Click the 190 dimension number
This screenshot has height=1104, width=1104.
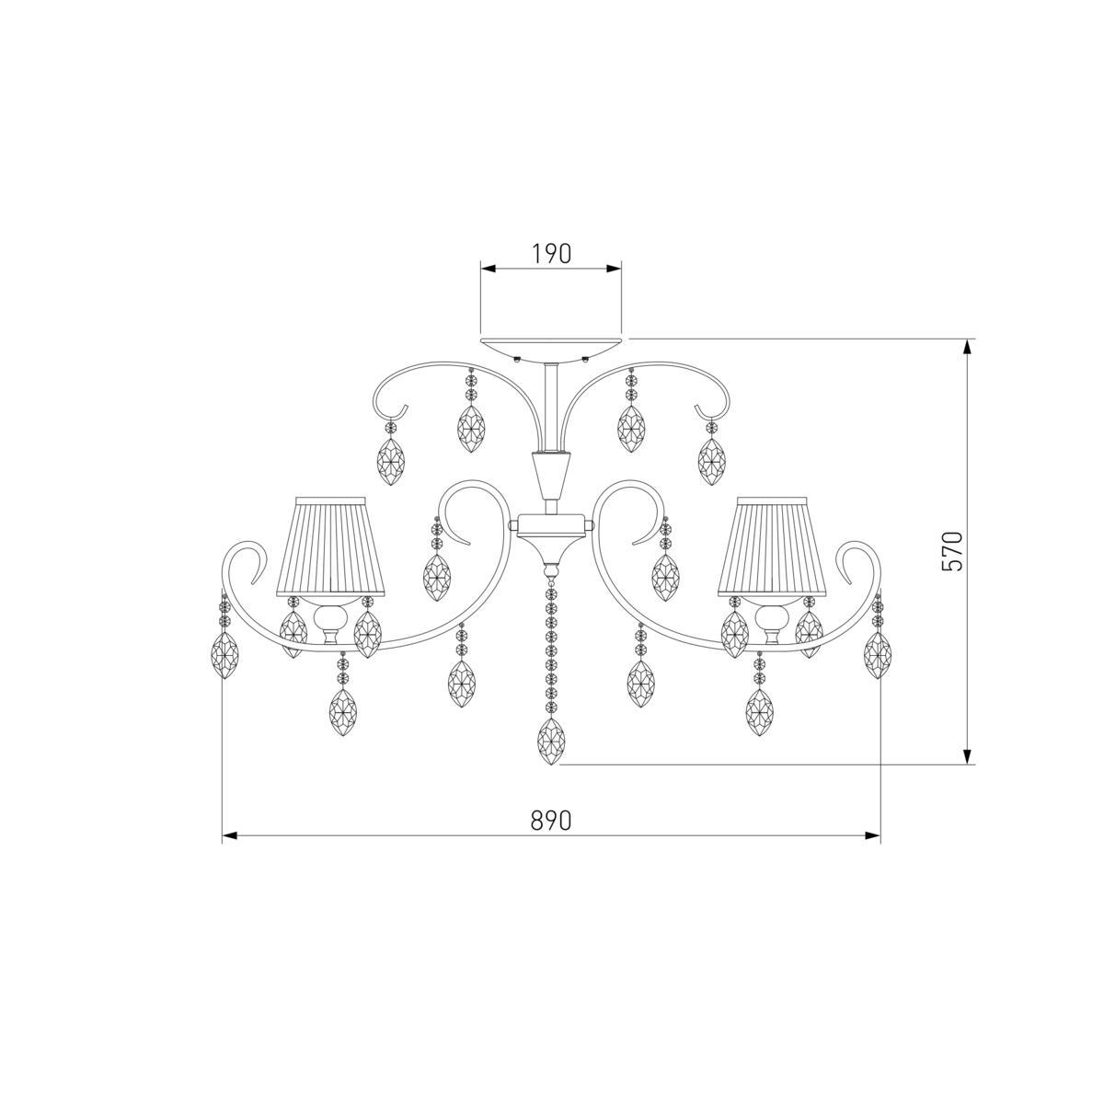coord(552,254)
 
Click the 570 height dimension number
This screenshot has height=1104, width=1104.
coord(953,551)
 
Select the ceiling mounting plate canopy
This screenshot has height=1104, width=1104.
coord(551,350)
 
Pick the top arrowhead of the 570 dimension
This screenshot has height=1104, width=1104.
coord(968,347)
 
